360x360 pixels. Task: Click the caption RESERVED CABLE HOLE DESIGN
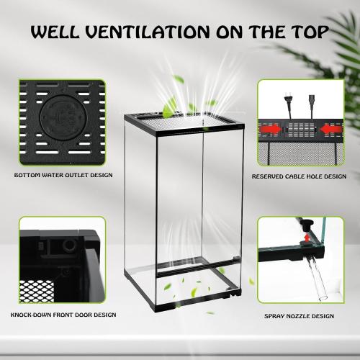(x=299, y=176)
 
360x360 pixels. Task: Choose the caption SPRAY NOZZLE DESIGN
(x=299, y=315)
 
